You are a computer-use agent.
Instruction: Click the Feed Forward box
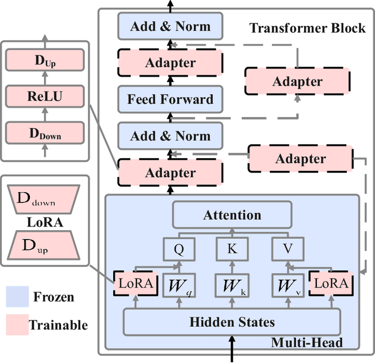click(x=170, y=99)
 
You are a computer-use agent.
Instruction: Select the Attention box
click(x=231, y=215)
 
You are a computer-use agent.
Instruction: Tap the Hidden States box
click(x=231, y=322)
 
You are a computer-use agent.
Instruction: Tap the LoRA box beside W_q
click(x=135, y=285)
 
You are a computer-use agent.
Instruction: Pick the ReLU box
click(x=45, y=97)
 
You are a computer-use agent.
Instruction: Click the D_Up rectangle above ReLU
click(x=45, y=60)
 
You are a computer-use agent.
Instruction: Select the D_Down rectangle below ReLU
click(x=45, y=134)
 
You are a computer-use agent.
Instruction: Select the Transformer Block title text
click(x=307, y=28)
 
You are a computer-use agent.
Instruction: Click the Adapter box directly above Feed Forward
click(x=170, y=62)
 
